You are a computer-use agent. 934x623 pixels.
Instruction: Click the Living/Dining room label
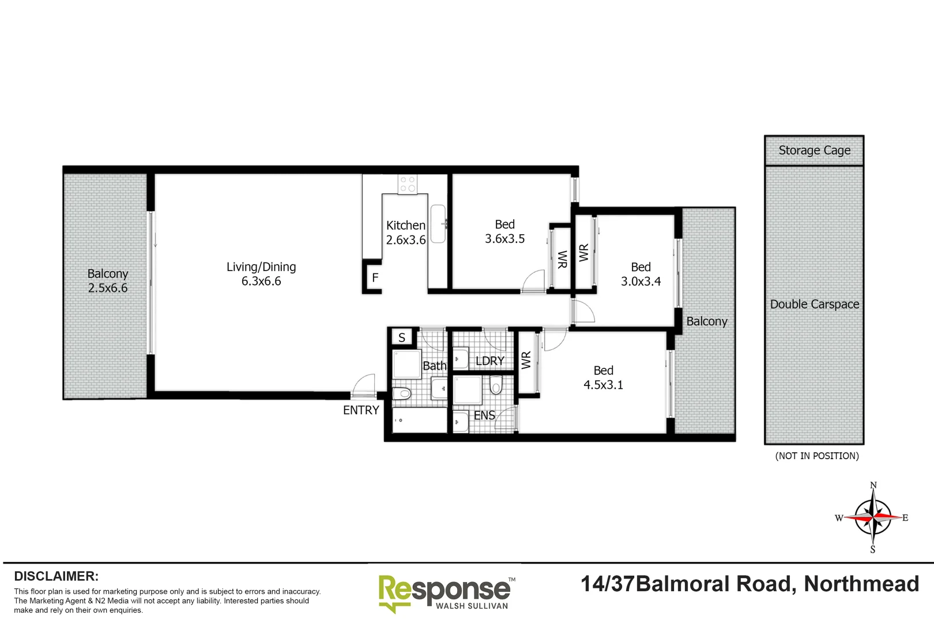(261, 274)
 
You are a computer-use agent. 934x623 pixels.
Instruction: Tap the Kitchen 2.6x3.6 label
(406, 232)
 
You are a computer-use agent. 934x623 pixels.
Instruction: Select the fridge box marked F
(375, 278)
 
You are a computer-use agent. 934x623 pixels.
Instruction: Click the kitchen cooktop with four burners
(408, 184)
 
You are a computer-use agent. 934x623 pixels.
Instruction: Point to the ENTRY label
(361, 410)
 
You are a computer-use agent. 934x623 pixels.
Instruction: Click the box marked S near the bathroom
(402, 337)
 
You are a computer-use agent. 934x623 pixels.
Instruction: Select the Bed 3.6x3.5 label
(504, 231)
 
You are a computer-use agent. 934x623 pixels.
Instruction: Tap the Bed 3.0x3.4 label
(641, 274)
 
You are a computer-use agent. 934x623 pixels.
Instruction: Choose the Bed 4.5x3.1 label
(603, 377)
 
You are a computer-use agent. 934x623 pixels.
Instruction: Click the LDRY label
(489, 361)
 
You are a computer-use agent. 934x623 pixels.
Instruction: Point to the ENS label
(484, 415)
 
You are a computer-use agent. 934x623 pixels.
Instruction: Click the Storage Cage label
(814, 151)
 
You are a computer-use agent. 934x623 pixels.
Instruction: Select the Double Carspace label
(814, 304)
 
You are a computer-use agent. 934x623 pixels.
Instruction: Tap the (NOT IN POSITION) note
(816, 456)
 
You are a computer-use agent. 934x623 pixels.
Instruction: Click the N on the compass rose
(873, 485)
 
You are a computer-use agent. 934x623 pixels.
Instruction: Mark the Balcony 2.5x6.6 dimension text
(108, 288)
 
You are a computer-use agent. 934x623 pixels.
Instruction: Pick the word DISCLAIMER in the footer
(56, 576)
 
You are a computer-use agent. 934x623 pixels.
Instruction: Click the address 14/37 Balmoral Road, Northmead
(750, 584)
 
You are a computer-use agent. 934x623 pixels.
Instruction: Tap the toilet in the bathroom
(402, 393)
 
